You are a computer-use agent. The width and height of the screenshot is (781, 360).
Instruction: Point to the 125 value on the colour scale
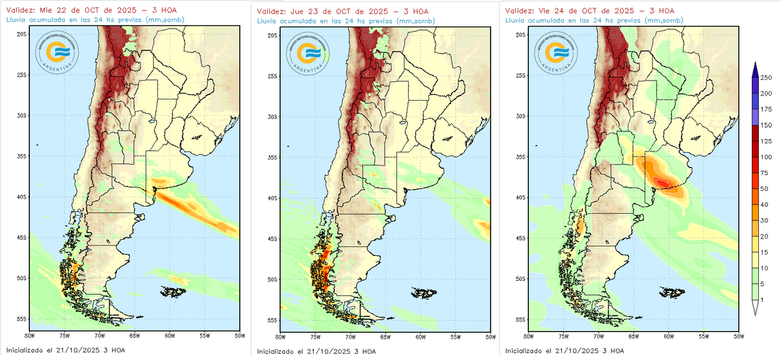tap(767, 141)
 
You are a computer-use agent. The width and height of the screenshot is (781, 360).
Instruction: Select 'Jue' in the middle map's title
tap(298, 12)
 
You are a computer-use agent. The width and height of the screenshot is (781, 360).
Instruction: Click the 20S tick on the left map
tap(21, 34)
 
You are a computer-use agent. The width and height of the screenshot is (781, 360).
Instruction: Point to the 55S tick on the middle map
tap(273, 320)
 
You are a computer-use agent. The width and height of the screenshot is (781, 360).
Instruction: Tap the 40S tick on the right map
tap(522, 198)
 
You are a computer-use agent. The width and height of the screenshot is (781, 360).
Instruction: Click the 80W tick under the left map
tap(29, 336)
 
